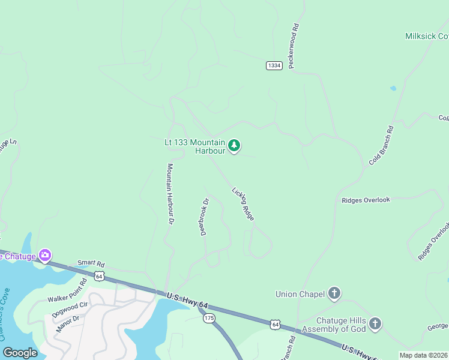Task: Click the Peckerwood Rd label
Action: [294, 46]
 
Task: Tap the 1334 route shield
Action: [274, 65]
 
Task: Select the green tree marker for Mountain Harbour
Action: [234, 146]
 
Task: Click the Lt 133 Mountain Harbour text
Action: [195, 146]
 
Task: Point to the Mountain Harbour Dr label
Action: [170, 194]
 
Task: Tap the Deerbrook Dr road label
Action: [204, 217]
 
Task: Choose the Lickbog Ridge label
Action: [243, 204]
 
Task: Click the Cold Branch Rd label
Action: [381, 146]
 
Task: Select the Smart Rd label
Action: [91, 263]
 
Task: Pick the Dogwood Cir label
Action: [70, 309]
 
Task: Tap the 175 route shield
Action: [209, 317]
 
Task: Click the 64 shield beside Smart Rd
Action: [99, 276]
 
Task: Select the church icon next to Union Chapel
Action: [335, 293]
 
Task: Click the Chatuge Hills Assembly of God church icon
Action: [375, 324]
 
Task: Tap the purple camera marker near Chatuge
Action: [44, 256]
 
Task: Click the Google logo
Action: [20, 353]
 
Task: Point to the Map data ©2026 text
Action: [423, 355]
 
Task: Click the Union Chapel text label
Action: [300, 294]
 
